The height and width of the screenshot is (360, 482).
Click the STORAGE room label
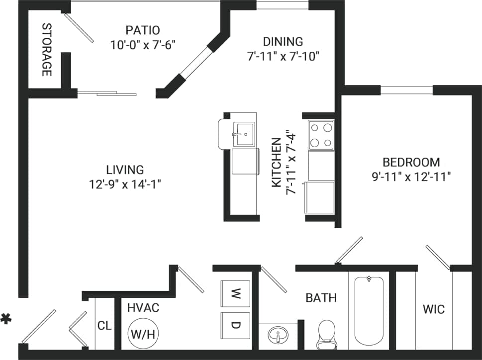tap(46, 50)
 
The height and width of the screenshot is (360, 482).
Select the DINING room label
tap(282, 42)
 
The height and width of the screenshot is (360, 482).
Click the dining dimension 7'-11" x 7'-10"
tap(282, 56)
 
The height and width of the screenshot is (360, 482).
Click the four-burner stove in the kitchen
tap(321, 135)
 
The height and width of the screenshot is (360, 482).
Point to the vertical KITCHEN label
tap(276, 163)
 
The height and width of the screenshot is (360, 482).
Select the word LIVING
tap(125, 170)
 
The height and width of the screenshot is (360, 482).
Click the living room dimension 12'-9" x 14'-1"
tap(125, 184)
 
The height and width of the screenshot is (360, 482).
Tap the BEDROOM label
tap(411, 162)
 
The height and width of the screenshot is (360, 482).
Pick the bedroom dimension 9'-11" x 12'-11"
tap(411, 177)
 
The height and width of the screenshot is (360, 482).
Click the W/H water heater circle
tap(142, 333)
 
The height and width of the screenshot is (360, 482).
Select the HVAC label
tap(143, 308)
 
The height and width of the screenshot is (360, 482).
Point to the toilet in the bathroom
tap(327, 334)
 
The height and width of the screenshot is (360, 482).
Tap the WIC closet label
tap(433, 309)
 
